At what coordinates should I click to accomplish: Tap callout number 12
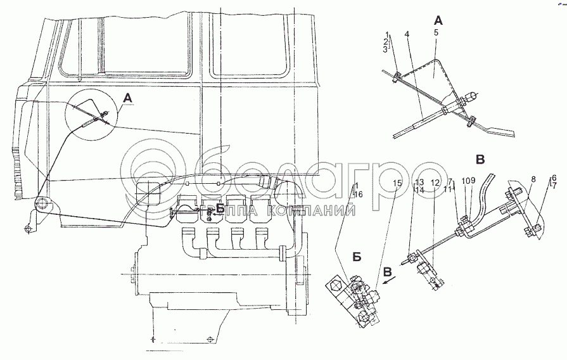435,183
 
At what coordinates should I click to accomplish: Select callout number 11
448,189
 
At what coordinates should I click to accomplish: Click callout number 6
554,178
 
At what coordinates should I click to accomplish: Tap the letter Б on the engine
219,209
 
